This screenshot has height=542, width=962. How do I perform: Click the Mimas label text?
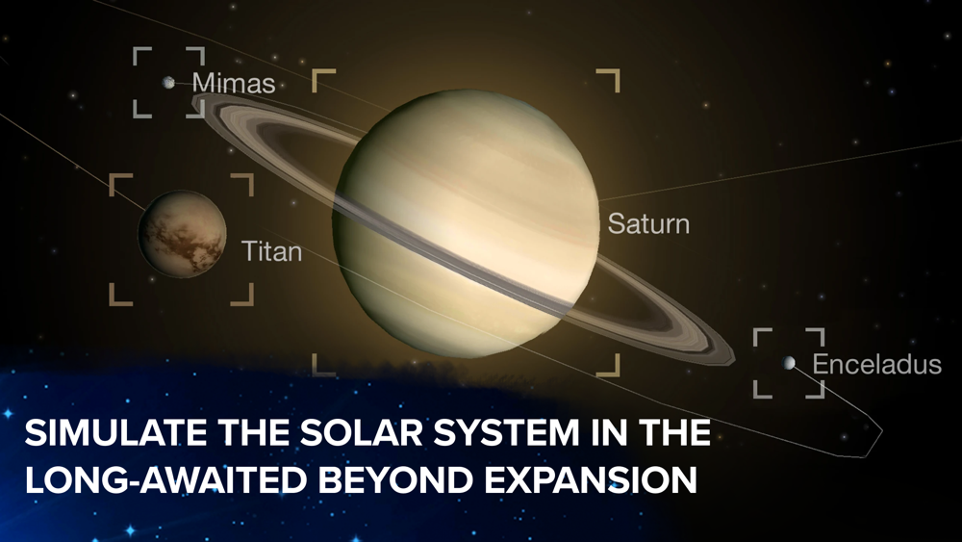[234, 84]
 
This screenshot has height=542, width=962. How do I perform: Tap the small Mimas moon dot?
[168, 82]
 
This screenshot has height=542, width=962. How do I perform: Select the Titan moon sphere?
[182, 233]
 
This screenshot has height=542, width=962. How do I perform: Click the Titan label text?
[272, 251]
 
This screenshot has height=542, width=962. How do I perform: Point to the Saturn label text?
[648, 224]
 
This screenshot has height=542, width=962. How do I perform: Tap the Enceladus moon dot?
[789, 363]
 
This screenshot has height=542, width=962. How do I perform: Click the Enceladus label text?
[876, 365]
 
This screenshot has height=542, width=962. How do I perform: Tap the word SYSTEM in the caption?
[506, 433]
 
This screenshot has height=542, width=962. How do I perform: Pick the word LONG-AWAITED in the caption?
[165, 480]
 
